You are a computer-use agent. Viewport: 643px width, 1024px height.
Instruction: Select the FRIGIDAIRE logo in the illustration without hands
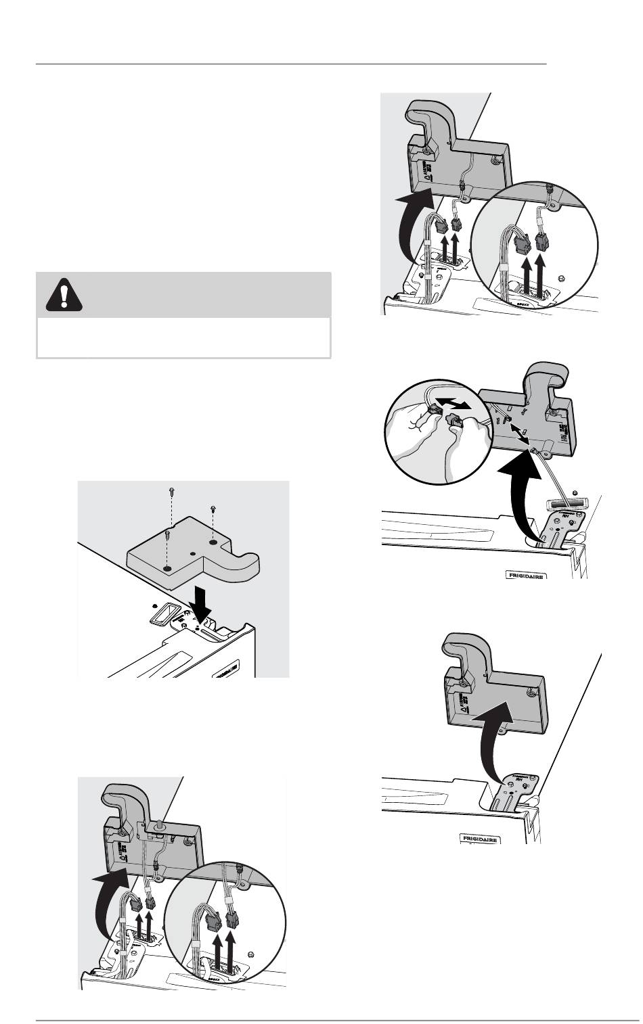(x=480, y=839)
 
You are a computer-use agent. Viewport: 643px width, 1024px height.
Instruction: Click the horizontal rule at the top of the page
(x=291, y=64)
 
